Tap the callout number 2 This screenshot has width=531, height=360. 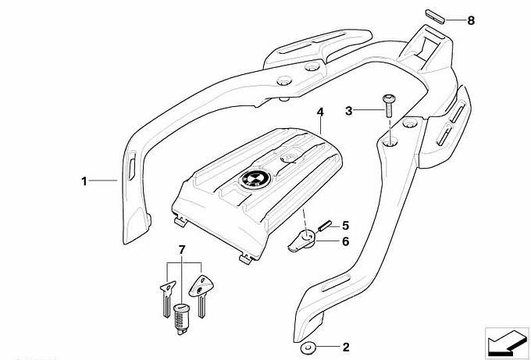point(346,346)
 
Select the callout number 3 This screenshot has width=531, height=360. point(350,111)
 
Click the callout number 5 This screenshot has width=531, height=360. point(345,225)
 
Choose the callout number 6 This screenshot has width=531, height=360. point(345,241)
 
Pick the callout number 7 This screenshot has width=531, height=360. point(182,249)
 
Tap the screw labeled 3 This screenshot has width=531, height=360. point(387,105)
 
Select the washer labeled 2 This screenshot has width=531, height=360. point(310,346)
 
